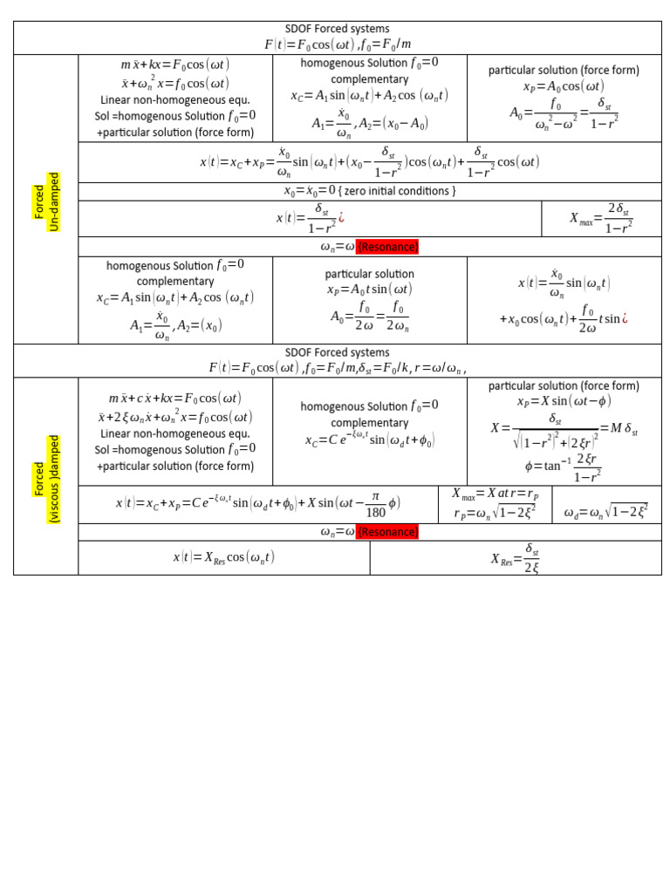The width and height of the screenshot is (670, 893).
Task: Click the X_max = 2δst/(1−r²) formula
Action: click(601, 218)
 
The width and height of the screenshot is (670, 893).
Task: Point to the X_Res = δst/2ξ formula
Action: click(516, 558)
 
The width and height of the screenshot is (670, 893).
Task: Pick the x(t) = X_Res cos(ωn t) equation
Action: click(223, 558)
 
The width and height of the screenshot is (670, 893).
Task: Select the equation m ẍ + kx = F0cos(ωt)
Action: click(174, 65)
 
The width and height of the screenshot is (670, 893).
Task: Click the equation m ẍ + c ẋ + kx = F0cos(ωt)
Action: click(174, 399)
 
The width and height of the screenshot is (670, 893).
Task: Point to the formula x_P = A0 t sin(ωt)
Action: click(369, 290)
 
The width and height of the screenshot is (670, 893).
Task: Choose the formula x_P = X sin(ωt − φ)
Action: click(564, 401)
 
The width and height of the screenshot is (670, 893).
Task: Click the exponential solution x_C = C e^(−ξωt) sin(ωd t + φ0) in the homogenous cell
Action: click(369, 441)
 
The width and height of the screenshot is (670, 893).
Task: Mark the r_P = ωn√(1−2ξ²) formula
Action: click(495, 514)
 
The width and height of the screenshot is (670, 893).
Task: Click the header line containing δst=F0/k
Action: click(337, 368)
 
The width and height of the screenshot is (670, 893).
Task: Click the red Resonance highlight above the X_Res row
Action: click(386, 532)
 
